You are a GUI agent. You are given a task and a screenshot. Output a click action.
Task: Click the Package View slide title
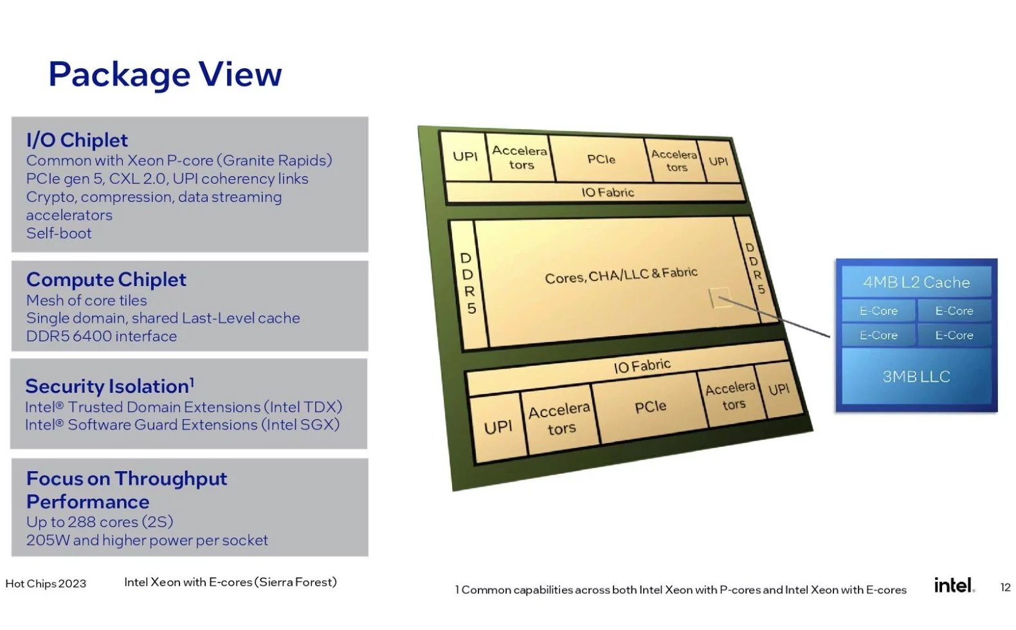coord(165,75)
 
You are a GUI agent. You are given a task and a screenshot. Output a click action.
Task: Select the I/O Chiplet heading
coord(77,140)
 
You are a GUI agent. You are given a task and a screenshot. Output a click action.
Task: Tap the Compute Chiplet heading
coord(106,280)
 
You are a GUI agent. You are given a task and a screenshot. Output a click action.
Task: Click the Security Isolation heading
coord(109,386)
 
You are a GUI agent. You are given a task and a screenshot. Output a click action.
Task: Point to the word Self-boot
coord(59,233)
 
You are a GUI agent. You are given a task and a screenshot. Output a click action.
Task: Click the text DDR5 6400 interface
coord(102,336)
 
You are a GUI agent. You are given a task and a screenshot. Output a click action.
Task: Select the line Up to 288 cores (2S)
coord(100,522)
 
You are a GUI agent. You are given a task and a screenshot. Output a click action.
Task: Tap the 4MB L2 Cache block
coord(916,282)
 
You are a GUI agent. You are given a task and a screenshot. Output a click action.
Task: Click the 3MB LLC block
coord(916,377)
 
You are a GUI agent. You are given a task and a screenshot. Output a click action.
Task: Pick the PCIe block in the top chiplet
coord(601,159)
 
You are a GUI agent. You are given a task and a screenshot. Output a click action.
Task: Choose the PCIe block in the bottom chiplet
coord(650,407)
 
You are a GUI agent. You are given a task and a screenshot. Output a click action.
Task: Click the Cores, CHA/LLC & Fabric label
coord(621,275)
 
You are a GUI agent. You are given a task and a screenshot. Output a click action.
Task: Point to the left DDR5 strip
coord(468,283)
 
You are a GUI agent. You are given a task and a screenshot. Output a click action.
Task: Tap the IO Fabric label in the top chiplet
coord(608,192)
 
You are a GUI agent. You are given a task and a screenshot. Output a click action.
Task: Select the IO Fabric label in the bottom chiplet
coord(642,366)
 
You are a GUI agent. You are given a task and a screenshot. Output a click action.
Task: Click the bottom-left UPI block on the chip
coord(498,427)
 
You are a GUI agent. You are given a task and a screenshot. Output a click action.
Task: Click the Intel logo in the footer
coord(954,585)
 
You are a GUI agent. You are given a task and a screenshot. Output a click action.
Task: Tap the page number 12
coord(1005,588)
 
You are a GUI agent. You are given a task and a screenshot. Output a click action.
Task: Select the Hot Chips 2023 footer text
coord(46,584)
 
